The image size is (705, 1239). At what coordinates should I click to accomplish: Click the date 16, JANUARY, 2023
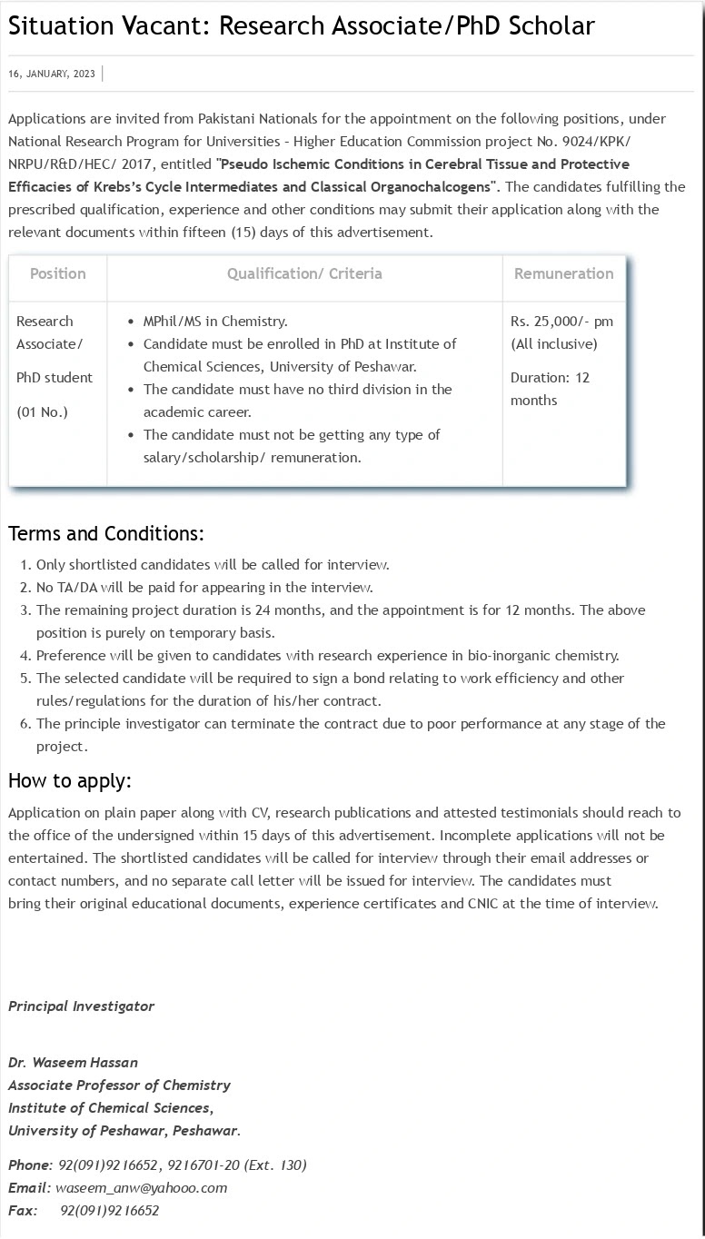[x=51, y=74]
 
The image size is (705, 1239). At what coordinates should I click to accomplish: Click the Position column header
[x=58, y=273]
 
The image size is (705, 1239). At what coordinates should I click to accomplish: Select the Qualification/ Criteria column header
[x=304, y=273]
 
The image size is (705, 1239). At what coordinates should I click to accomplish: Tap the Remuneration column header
[x=563, y=273]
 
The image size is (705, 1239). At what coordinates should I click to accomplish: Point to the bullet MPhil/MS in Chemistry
[x=215, y=321]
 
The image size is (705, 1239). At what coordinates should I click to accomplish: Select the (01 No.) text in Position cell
[x=42, y=411]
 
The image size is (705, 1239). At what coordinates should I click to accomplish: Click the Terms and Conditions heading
[x=106, y=532]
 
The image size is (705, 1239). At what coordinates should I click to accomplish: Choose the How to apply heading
[x=70, y=780]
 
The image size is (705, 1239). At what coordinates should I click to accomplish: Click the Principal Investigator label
[x=81, y=1006]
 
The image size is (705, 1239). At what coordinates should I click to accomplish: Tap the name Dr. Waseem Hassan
[x=73, y=1062]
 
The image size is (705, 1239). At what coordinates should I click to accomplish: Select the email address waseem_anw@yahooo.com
[x=141, y=1187]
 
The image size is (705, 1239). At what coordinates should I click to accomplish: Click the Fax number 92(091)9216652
[x=109, y=1210]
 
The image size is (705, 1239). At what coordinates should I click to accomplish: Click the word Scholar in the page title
[x=551, y=26]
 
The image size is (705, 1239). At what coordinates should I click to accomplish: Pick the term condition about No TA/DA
[x=204, y=587]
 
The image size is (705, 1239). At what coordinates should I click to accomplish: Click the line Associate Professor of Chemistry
[x=119, y=1085]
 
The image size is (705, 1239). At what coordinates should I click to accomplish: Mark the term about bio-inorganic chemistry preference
[x=327, y=655]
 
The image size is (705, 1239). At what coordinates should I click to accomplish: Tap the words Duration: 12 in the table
[x=550, y=377]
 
